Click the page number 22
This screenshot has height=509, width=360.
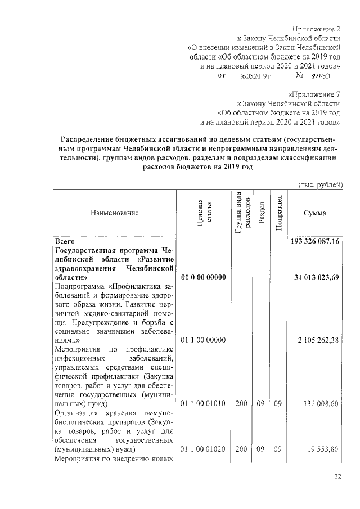click(x=337, y=478)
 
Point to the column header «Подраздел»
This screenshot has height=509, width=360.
click(x=278, y=212)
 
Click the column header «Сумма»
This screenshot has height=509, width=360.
click(x=315, y=213)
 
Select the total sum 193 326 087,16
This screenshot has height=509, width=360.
click(x=316, y=241)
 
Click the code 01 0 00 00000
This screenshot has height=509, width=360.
click(x=203, y=278)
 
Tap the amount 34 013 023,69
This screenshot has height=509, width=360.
click(x=317, y=278)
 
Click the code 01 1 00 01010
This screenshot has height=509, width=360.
click(x=203, y=403)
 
